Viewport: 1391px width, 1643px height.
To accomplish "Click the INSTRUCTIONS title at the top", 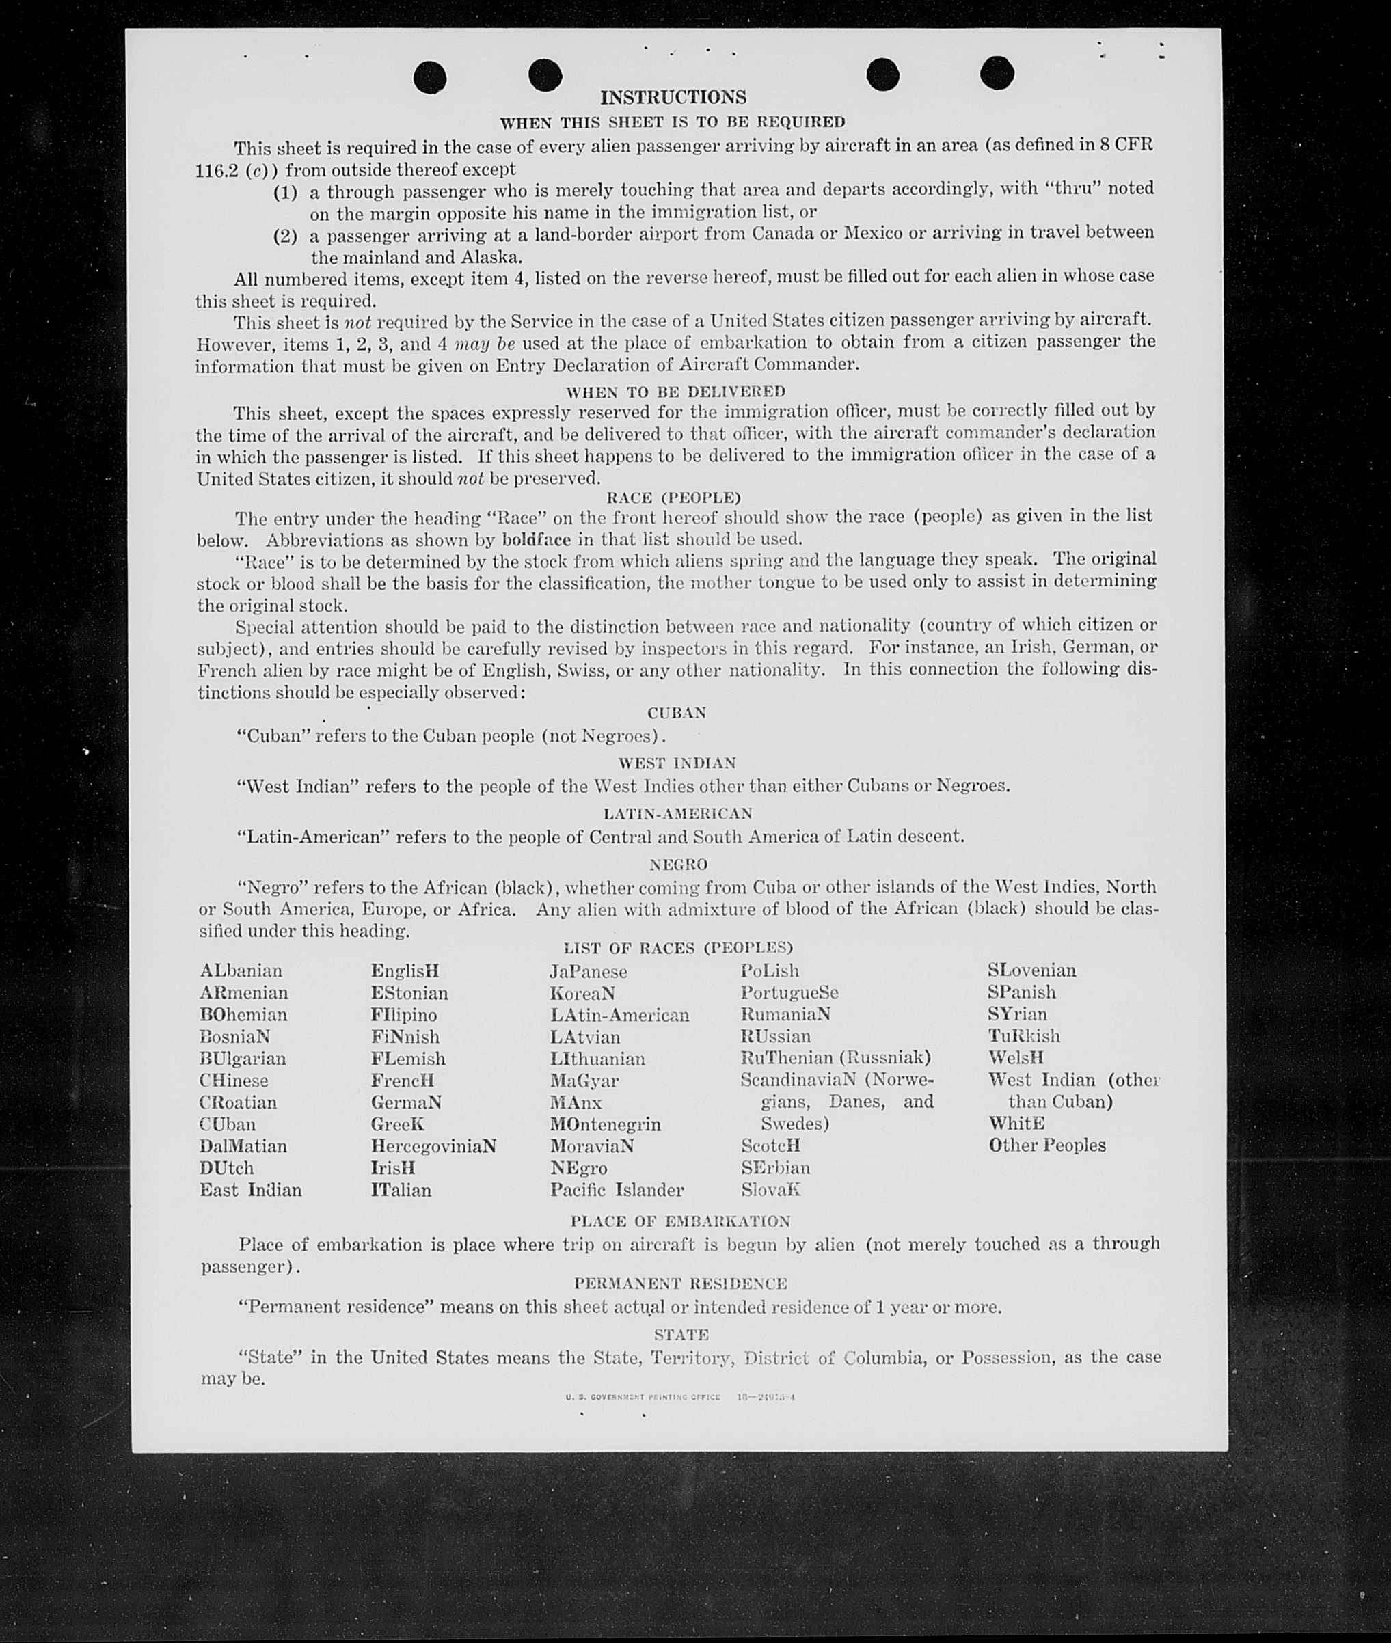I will [673, 97].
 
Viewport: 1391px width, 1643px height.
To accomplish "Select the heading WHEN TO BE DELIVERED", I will [675, 391].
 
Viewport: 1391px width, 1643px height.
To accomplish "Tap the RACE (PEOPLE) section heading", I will [673, 498].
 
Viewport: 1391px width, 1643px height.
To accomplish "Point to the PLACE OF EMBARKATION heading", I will [679, 1221].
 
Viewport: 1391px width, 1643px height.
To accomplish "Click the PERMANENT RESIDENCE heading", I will [679, 1284].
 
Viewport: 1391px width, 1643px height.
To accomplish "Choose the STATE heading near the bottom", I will [681, 1335].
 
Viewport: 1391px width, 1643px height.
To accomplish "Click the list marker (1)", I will [284, 191].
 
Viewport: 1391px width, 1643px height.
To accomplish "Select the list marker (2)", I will [284, 236].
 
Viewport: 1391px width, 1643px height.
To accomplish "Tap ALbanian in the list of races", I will [241, 970].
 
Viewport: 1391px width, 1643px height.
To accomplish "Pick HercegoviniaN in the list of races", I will [433, 1145].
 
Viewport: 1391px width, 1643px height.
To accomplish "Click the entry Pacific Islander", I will [617, 1190].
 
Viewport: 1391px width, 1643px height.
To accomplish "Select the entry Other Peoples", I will [1047, 1145].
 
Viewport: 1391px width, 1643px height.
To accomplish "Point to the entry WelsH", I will [1016, 1057].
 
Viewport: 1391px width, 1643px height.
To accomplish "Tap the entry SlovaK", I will [770, 1190].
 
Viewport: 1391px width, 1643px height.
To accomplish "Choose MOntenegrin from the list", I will [605, 1124].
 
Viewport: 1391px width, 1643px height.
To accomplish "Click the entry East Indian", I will [250, 1190].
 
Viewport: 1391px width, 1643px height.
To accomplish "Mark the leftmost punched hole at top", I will [430, 77].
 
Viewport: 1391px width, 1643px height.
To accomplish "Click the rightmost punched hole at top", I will [997, 73].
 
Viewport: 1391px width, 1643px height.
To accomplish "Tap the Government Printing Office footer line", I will [679, 1397].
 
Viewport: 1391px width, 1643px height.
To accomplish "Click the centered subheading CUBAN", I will [676, 713].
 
